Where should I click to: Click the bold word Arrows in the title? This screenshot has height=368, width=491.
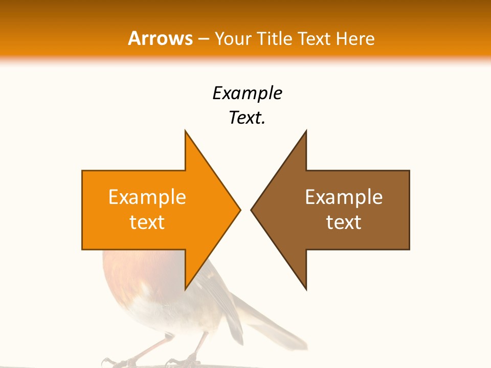[161, 38]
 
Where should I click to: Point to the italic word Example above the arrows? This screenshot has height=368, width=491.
[247, 93]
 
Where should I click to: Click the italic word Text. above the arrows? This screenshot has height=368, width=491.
[247, 118]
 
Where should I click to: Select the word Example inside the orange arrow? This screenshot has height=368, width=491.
[147, 197]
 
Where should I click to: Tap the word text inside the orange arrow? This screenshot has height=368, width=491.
[147, 222]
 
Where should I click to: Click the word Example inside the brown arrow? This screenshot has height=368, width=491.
[344, 197]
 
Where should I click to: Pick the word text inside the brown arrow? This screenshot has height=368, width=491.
[344, 222]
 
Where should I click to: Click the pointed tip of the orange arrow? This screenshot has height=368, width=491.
[239, 210]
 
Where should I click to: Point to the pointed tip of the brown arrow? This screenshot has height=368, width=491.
[252, 210]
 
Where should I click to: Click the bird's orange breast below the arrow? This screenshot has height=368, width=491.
[128, 271]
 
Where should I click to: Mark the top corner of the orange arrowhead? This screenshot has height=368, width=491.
[186, 132]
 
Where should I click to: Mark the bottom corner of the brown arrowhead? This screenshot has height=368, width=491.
[306, 288]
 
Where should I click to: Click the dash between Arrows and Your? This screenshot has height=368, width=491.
[204, 39]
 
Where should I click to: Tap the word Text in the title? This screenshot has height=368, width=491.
[315, 38]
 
